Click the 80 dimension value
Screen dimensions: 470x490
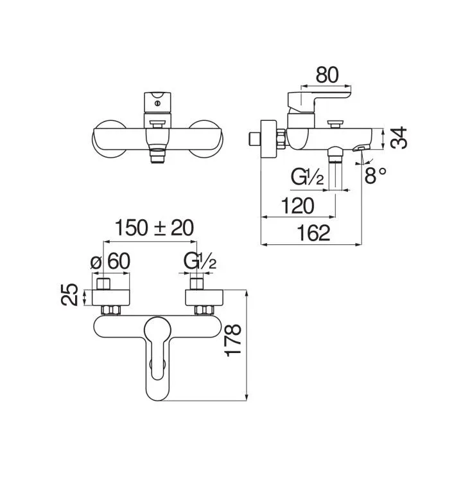point(327,75)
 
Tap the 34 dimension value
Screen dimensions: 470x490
point(399,138)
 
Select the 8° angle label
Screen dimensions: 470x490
point(376,175)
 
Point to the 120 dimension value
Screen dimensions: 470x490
point(297,206)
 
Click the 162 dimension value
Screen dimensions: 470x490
point(313,233)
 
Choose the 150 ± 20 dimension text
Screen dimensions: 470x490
point(154,228)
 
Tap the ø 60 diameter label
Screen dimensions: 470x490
point(110,261)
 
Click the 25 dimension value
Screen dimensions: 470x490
point(69,295)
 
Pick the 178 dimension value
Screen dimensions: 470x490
point(233,340)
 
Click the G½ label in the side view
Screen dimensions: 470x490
point(307,177)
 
